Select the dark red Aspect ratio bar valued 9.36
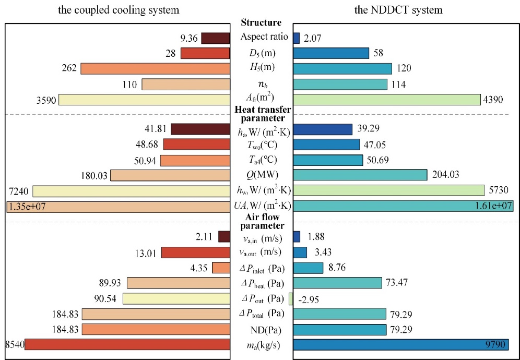216,38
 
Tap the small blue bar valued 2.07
297,38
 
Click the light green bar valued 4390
386,99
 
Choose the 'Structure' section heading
262,23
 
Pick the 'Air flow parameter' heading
262,222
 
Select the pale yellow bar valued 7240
131,191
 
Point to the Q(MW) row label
262,175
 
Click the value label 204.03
445,175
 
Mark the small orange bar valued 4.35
221,268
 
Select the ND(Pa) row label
262,329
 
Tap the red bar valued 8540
127,344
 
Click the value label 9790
496,344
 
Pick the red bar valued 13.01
196,253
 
